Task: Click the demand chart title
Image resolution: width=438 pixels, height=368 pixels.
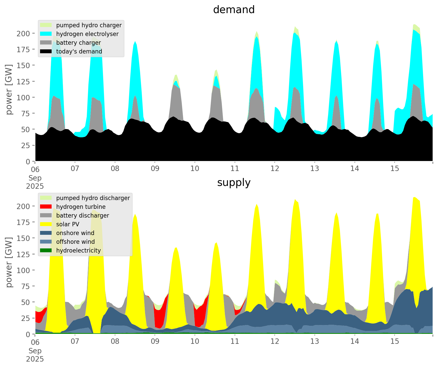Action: point(234,10)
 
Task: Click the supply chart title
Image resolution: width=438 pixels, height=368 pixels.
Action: point(234,183)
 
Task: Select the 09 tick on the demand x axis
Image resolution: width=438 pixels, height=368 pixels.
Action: point(155,169)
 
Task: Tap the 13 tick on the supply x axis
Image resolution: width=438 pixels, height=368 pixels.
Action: point(315,342)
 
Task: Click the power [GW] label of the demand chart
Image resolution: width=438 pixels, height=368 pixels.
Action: point(9,89)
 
